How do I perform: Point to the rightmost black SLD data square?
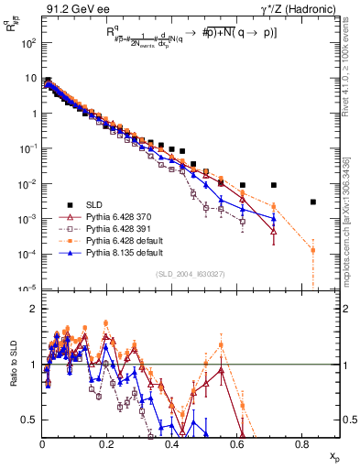pos(313,202)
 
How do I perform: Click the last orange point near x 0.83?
pos(313,250)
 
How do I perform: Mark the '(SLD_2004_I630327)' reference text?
pos(188,274)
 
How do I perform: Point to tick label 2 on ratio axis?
pos(33,309)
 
